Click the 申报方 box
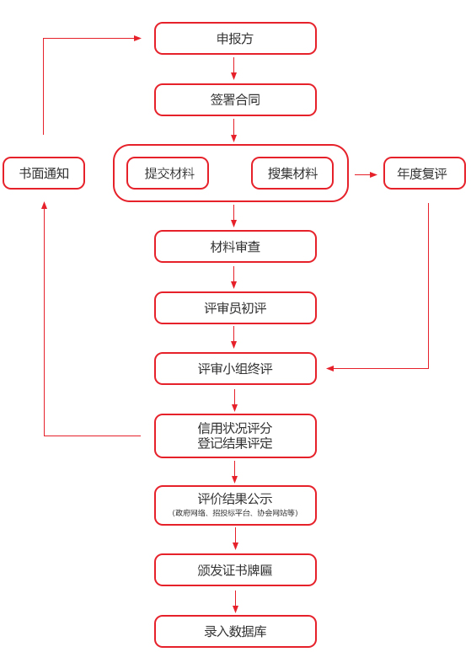236,38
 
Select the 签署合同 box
236,99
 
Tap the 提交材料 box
168,173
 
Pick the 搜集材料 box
292,173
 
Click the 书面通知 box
44,173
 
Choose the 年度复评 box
425,173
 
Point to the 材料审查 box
236,247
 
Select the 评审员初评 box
236,308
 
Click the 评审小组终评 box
236,368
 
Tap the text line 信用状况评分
235,428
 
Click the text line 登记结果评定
235,443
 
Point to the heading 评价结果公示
235,499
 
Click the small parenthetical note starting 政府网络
235,513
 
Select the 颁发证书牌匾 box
236,570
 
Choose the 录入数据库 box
236,631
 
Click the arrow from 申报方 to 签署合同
234,68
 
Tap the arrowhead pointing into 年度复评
373,175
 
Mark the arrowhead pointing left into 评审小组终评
330,368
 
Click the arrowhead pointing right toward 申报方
137,38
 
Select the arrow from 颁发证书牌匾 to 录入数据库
236,601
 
